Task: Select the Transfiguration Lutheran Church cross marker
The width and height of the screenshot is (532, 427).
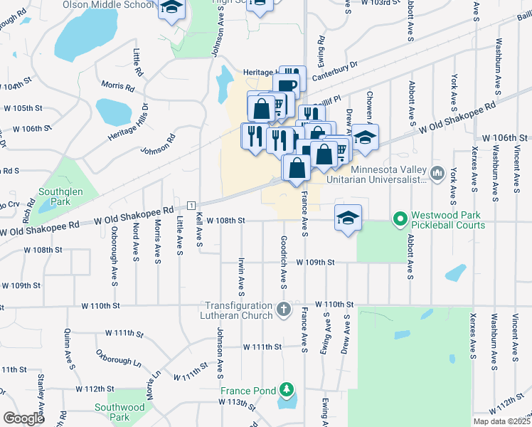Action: click(284, 310)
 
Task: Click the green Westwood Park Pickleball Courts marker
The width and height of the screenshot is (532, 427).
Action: click(400, 218)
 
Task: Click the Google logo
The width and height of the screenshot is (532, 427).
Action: click(23, 418)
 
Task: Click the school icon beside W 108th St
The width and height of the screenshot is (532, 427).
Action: click(348, 217)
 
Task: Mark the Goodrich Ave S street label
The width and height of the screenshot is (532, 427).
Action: click(283, 263)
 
